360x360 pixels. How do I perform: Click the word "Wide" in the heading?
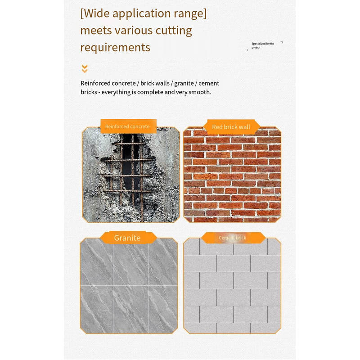97,13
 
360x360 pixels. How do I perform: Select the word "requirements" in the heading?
115,48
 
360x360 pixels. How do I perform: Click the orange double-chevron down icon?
85,69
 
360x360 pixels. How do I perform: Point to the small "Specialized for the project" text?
263,45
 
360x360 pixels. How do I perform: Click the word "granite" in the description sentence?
184,83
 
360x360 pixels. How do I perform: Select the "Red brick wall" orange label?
231,127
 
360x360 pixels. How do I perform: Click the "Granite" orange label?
127,238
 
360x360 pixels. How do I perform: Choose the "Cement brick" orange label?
232,238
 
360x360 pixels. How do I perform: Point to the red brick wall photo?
232,175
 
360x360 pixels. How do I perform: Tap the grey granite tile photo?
129,286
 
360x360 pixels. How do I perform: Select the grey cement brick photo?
232,286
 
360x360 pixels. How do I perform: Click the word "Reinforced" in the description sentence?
94,83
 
